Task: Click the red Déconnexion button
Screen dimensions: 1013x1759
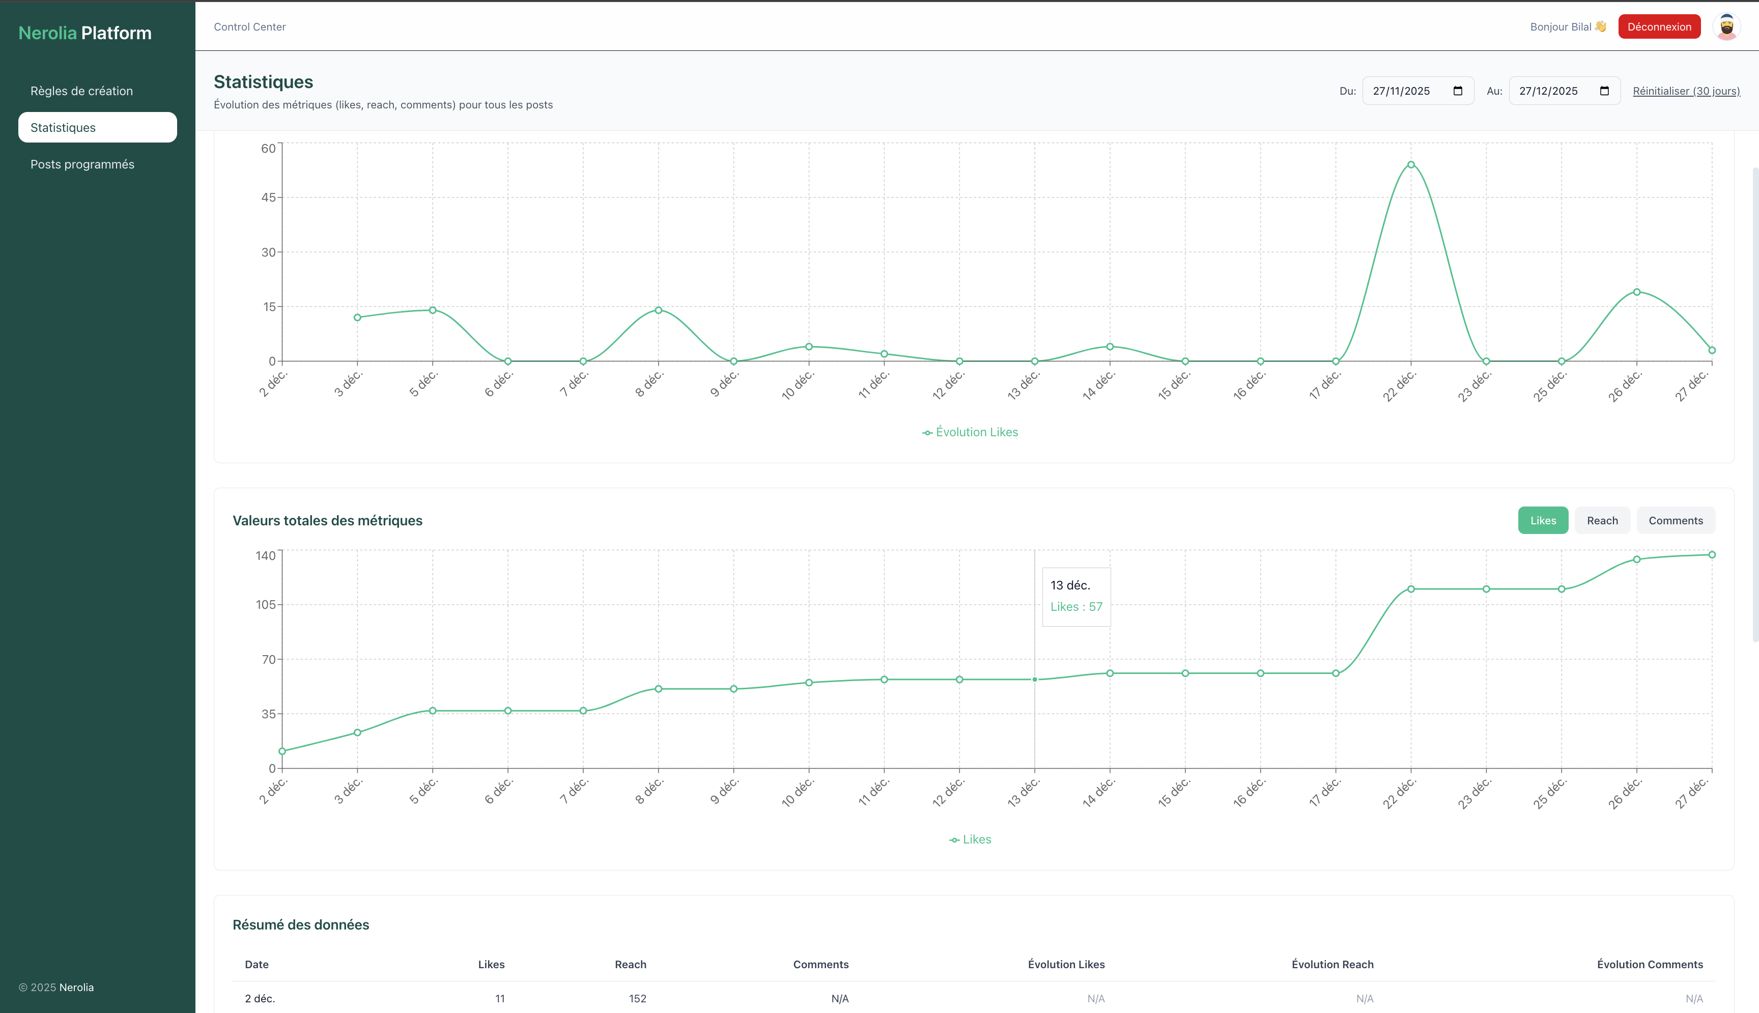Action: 1659,26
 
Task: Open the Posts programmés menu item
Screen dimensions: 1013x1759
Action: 82,164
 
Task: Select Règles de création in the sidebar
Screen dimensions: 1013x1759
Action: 81,91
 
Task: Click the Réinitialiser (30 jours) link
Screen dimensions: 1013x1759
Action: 1686,91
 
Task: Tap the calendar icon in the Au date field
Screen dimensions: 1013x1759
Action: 1604,91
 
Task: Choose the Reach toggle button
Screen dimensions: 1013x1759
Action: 1602,520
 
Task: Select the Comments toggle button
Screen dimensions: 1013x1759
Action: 1675,520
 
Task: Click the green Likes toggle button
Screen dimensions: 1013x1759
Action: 1543,520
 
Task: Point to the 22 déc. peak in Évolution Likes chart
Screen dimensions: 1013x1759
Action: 1410,165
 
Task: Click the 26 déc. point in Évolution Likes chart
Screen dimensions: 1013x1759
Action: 1636,292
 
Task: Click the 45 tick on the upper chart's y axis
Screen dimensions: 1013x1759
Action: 268,198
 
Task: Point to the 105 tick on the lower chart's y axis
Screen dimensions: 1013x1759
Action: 266,605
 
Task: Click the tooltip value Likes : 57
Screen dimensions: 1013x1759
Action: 1076,607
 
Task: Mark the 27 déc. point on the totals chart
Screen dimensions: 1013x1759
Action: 1712,554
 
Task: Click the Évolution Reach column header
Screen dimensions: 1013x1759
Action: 1332,964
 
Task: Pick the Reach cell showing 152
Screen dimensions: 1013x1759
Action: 637,998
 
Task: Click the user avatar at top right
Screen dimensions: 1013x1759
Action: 1726,27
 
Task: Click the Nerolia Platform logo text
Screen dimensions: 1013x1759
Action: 85,33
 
